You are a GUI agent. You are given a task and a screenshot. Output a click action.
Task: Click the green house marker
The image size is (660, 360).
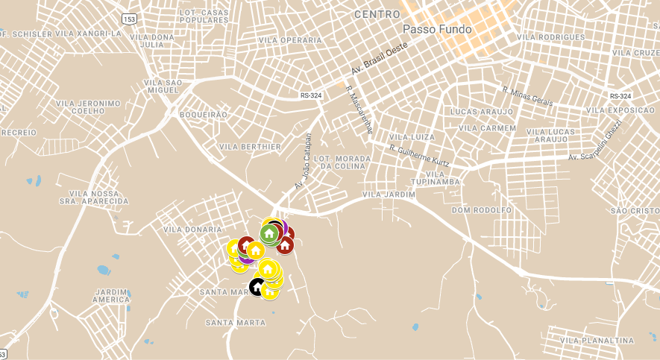(x=269, y=233)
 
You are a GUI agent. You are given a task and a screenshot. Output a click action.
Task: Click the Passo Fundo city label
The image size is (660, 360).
(x=437, y=29)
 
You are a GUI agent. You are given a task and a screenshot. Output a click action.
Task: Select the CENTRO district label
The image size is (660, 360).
(x=377, y=14)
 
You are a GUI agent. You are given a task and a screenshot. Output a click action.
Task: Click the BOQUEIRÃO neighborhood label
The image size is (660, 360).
(x=204, y=115)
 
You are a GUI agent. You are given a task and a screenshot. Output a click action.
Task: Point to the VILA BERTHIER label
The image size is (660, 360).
(x=251, y=147)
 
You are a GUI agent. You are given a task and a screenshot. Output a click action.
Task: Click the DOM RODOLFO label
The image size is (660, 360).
(x=482, y=209)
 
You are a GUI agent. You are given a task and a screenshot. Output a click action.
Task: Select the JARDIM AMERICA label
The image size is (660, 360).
(x=111, y=295)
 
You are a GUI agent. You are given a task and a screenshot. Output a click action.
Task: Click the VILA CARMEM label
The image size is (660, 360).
(x=487, y=127)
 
